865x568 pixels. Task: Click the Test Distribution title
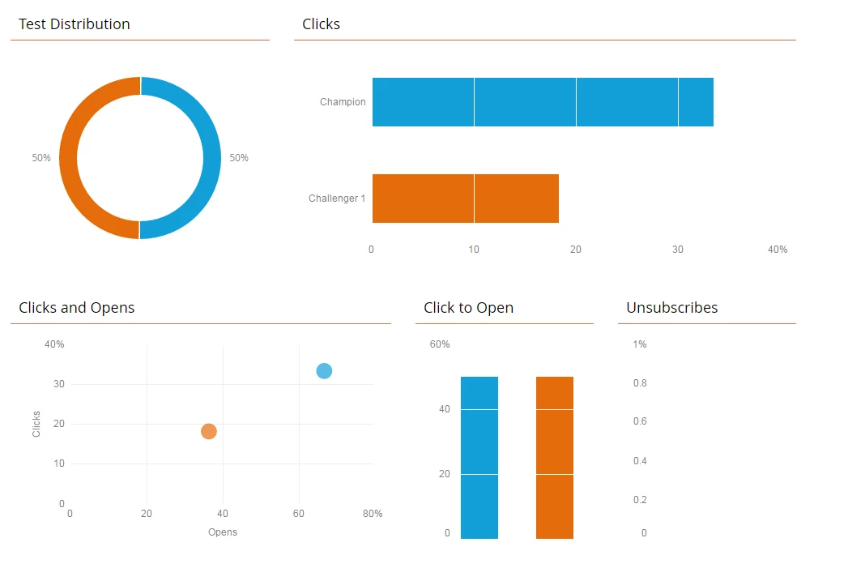point(74,24)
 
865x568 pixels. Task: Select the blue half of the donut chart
point(211,158)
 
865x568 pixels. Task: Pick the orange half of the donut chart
point(69,158)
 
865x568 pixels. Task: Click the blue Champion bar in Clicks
point(543,102)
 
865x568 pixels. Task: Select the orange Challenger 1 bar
point(465,199)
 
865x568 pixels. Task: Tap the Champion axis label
point(343,102)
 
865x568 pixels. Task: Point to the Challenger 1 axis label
point(337,199)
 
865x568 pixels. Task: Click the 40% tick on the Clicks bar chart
point(778,250)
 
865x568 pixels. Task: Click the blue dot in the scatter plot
point(324,371)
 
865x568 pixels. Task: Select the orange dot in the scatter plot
point(209,431)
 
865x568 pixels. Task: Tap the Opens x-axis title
point(223,532)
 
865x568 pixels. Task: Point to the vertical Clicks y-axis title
point(36,424)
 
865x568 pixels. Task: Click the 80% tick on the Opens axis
point(373,514)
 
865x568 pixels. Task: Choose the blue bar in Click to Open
point(479,458)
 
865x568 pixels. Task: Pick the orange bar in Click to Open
point(555,458)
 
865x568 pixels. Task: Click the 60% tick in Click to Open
point(440,344)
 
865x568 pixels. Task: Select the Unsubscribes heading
point(671,308)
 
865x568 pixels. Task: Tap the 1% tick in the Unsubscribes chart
point(640,344)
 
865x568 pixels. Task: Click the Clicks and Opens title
point(77,308)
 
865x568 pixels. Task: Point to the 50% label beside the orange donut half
point(41,158)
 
